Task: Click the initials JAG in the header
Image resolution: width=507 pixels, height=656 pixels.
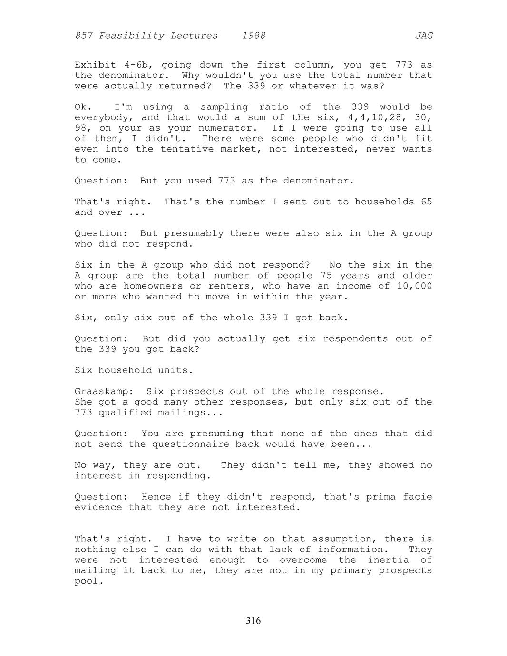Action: (423, 36)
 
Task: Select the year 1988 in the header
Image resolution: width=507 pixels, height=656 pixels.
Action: (253, 36)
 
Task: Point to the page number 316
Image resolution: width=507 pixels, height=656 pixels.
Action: (253, 621)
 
